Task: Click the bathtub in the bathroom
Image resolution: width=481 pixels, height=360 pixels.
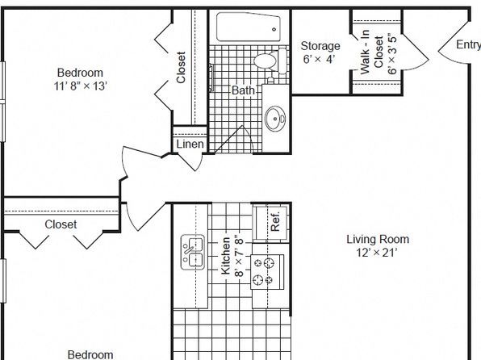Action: pos(249,27)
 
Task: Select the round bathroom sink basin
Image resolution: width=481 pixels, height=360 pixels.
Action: pos(275,119)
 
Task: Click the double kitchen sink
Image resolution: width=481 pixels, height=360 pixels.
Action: pos(193,253)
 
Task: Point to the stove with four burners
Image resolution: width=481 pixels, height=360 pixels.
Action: pos(267,272)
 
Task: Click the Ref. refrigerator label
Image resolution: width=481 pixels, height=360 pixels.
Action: pos(275,221)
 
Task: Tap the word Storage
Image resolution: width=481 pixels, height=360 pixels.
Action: pos(320,46)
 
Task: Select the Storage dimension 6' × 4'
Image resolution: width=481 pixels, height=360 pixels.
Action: pos(319,59)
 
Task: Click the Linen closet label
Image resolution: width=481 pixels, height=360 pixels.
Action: pos(190,144)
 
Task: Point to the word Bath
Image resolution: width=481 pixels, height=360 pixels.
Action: pos(243,90)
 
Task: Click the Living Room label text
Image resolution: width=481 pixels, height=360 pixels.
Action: pos(378,240)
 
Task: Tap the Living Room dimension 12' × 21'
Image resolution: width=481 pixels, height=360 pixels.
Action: pos(377,253)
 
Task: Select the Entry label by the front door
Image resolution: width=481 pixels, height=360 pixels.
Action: pos(468,45)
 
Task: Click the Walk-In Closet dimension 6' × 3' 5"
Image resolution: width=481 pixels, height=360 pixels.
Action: pos(392,53)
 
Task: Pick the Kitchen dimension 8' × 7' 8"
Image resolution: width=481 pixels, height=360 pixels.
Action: pos(239,256)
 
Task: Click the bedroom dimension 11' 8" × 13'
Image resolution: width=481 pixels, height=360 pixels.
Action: pos(81,86)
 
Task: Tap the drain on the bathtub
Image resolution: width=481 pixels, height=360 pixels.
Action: pos(274,30)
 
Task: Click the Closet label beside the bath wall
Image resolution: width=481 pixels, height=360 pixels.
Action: pos(181,68)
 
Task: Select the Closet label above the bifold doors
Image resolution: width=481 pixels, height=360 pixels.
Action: pos(61,224)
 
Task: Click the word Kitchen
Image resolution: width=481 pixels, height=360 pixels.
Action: pos(226,256)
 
